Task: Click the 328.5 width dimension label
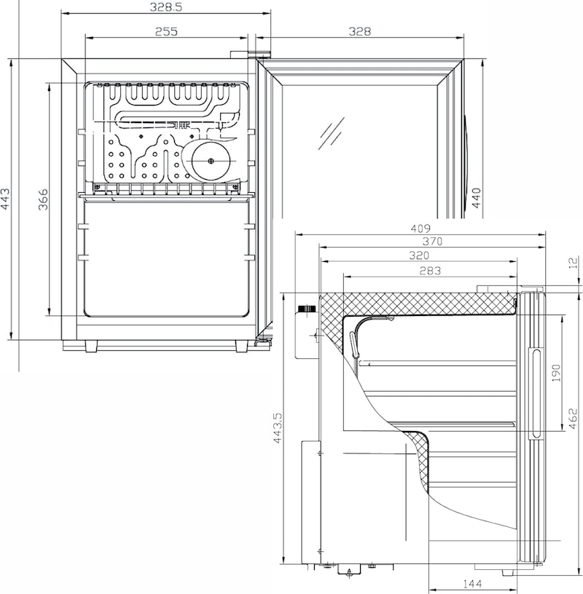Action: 165,7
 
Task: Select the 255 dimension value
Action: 166,31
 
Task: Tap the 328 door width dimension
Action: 359,31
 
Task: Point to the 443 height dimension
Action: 6,199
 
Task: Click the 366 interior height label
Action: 43,199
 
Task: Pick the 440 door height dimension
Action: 476,198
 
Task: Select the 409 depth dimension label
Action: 420,229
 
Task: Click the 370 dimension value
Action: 432,241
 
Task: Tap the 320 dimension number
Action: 419,256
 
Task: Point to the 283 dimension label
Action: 430,271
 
